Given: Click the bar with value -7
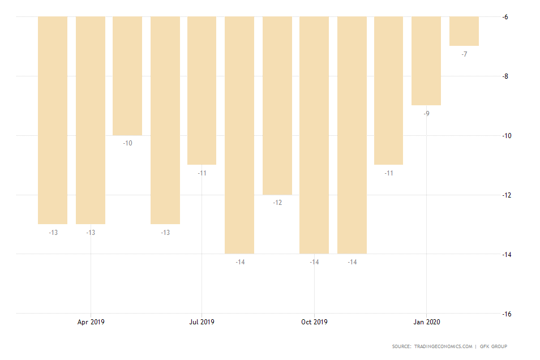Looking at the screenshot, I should tap(464, 31).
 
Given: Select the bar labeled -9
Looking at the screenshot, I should tap(426, 61).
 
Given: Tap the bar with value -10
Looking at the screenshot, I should tap(127, 76).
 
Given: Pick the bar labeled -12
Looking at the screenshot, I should tap(277, 105).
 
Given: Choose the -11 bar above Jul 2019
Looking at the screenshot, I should tap(202, 91).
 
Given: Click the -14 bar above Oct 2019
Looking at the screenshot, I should tap(314, 135).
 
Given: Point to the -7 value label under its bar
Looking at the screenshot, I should tap(464, 54).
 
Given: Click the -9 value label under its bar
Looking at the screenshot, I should tap(426, 114).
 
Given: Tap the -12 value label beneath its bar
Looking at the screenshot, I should tap(277, 203).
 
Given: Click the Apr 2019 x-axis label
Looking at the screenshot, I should tap(91, 322).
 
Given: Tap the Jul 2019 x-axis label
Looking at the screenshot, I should tap(202, 322).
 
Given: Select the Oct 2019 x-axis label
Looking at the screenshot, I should tap(314, 322).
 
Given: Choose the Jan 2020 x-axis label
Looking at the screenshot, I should tap(426, 322).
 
